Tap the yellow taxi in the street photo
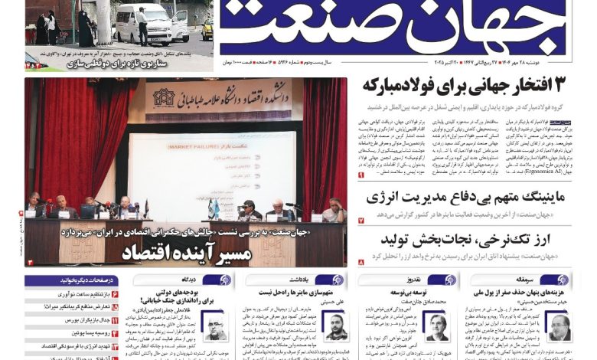point(207,28)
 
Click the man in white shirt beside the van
point(142,24)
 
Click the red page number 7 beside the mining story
point(361,221)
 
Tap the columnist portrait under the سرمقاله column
point(559,327)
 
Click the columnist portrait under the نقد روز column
point(436,326)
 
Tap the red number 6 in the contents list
point(115,293)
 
